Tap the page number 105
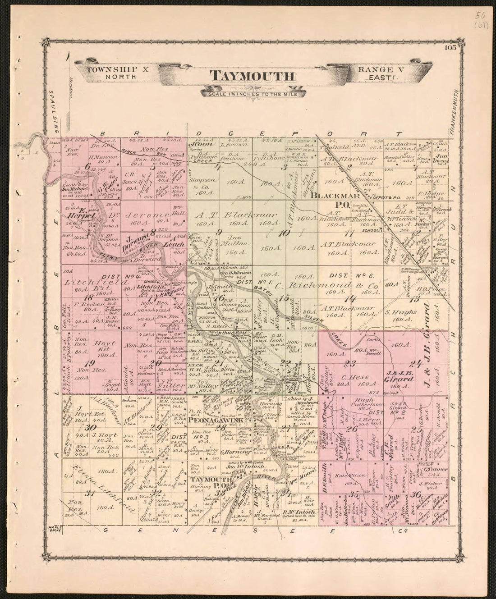[450, 48]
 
